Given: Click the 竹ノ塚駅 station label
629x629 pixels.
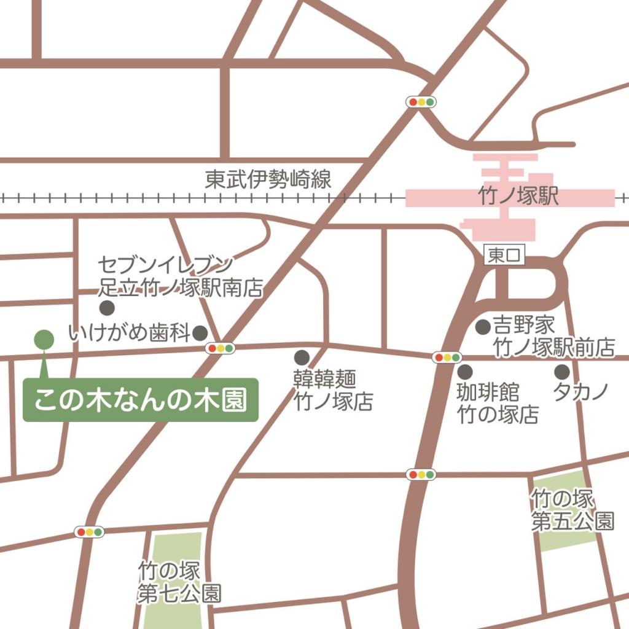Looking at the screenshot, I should pyautogui.click(x=518, y=197).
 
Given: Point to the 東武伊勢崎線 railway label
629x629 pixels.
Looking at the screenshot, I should pyautogui.click(x=268, y=180).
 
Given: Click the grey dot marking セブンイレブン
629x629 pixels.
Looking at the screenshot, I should pyautogui.click(x=107, y=307).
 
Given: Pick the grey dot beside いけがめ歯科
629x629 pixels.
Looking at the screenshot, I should pyautogui.click(x=200, y=333).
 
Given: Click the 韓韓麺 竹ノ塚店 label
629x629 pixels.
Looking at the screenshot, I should pyautogui.click(x=333, y=390).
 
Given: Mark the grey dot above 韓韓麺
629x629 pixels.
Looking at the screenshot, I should pyautogui.click(x=301, y=357).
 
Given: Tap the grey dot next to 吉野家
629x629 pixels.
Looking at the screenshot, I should pyautogui.click(x=483, y=327).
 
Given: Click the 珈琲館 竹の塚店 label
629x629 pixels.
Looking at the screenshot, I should pyautogui.click(x=497, y=403).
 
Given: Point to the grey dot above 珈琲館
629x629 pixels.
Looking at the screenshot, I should pyautogui.click(x=465, y=372).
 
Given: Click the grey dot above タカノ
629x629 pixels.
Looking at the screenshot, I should pyautogui.click(x=561, y=372).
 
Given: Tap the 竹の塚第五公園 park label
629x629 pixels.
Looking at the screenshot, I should pyautogui.click(x=572, y=510).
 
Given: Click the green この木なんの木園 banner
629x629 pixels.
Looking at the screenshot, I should pyautogui.click(x=140, y=400).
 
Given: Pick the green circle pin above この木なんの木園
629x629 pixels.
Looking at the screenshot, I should pyautogui.click(x=44, y=338).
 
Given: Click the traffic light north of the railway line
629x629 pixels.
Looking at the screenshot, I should pyautogui.click(x=422, y=102).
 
